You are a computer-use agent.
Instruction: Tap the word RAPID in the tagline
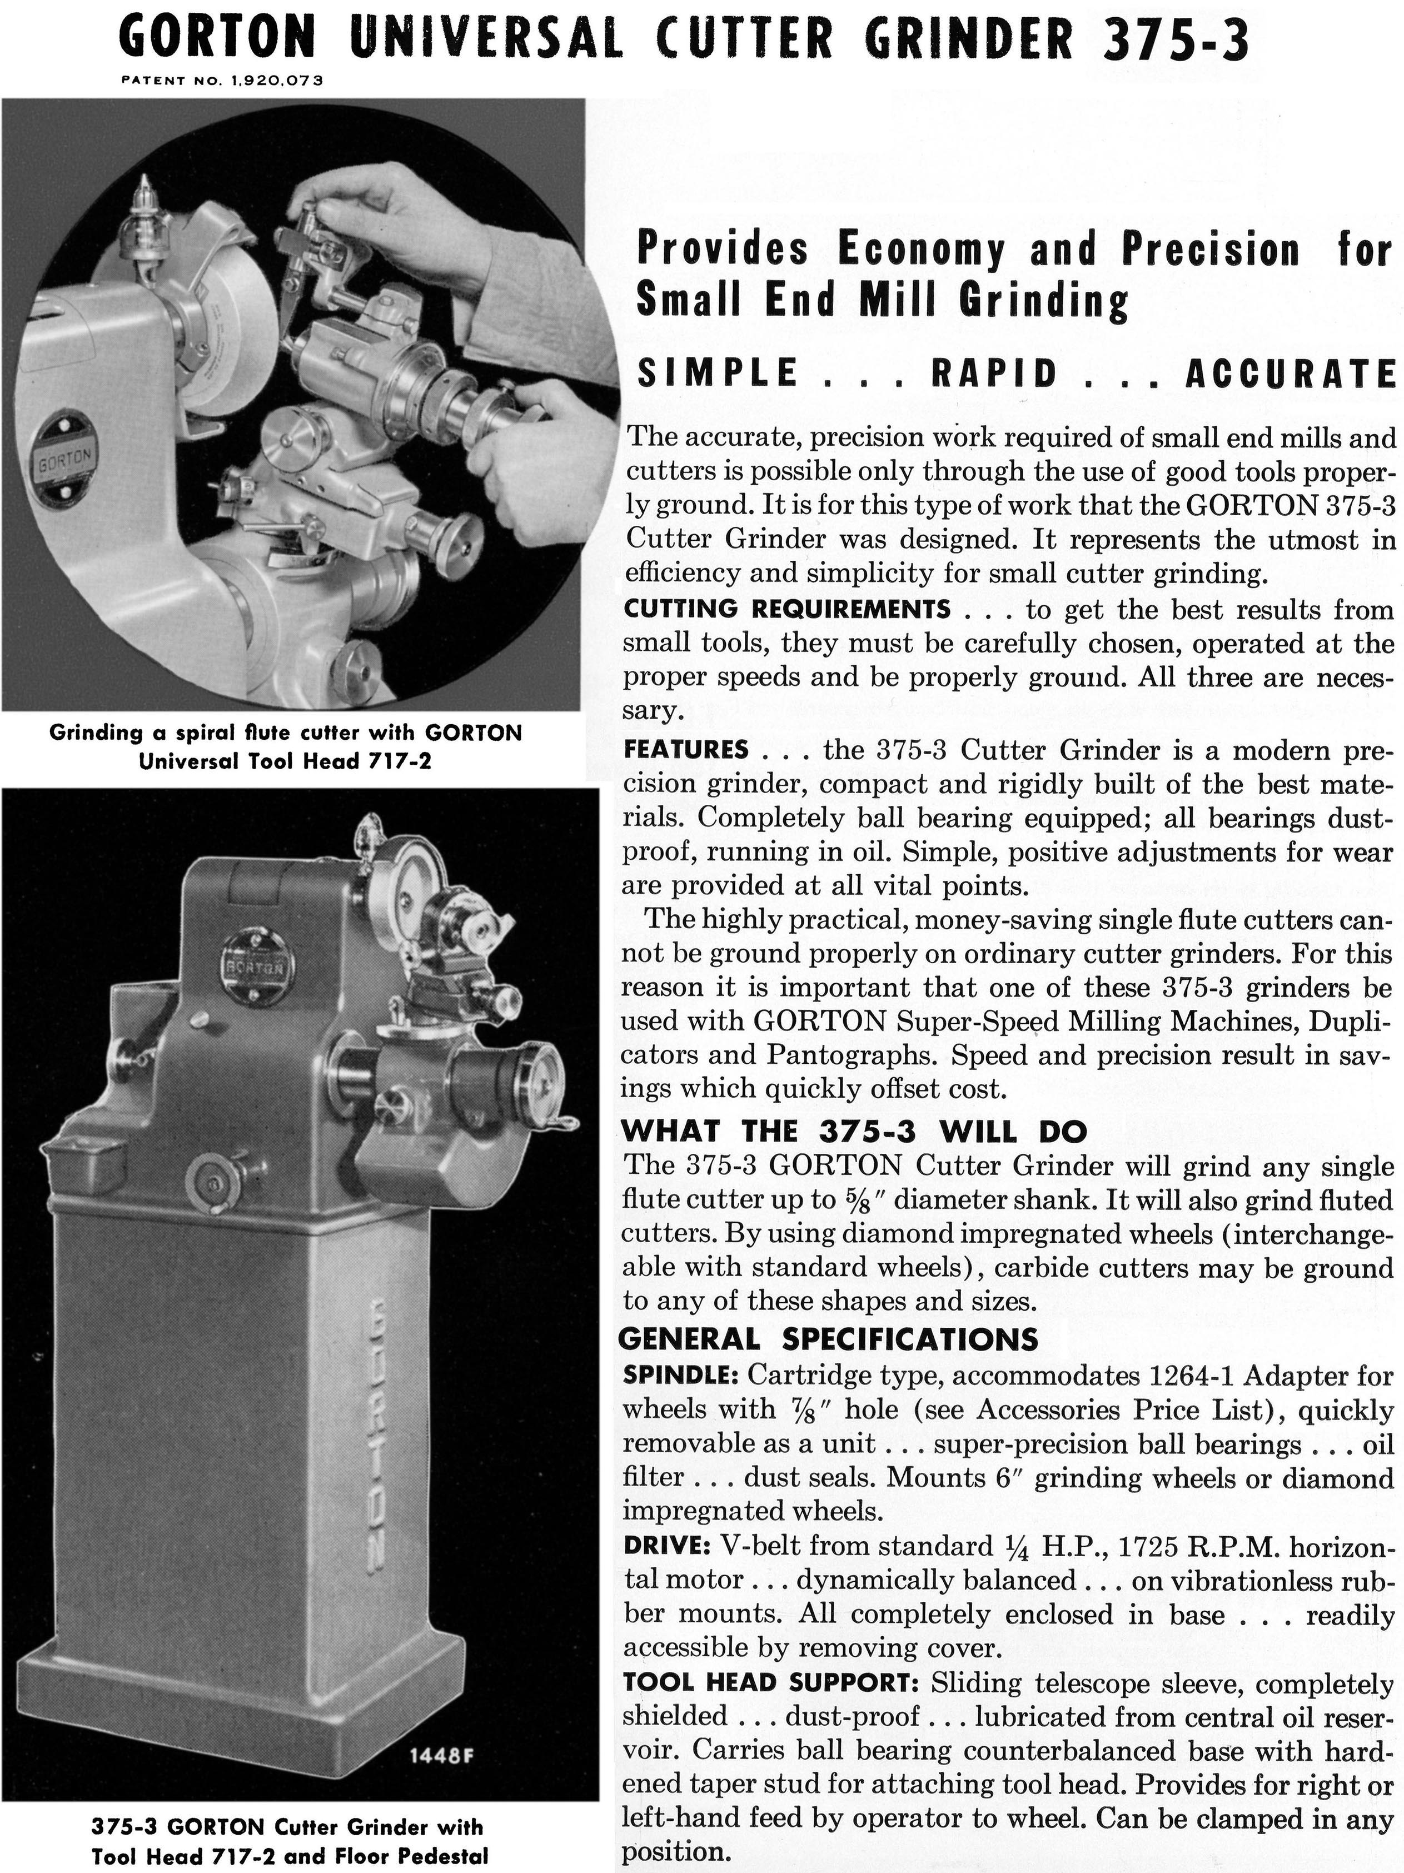995,373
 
